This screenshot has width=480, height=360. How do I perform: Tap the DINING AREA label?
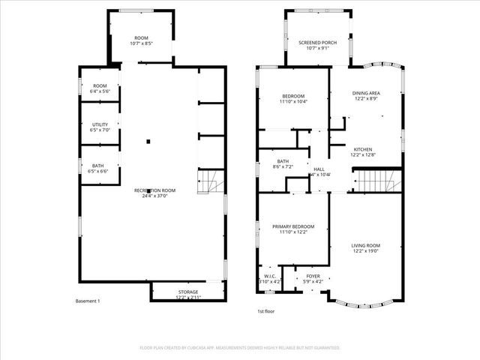point(365,93)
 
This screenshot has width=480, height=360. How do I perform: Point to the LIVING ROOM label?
point(365,246)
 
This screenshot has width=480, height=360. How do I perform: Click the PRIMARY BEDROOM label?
point(292,226)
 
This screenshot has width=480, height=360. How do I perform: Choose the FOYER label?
point(313,276)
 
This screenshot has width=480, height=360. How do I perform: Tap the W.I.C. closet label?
point(268,276)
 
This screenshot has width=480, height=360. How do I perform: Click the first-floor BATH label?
point(283,160)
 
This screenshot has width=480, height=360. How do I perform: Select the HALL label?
point(319,169)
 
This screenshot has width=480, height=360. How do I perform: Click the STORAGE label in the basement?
point(188,292)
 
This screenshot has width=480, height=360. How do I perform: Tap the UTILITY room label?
point(99,124)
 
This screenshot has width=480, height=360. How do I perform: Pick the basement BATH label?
point(98,166)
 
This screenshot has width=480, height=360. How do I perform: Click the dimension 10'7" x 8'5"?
point(141,43)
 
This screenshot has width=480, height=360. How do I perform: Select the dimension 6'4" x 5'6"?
point(100,91)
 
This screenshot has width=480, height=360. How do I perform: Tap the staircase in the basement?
point(209,182)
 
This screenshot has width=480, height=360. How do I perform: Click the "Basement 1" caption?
point(88,301)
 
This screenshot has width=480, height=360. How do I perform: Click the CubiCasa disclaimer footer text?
point(240,348)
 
